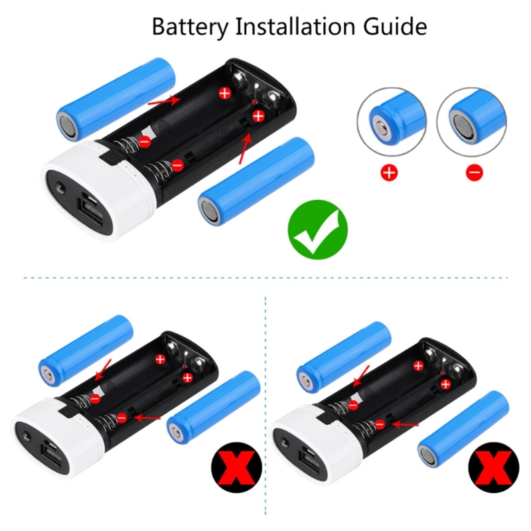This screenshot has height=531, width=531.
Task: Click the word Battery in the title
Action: pos(190,27)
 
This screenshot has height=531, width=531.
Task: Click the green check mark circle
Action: pos(318,230)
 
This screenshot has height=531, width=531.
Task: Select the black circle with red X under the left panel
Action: pos(237,468)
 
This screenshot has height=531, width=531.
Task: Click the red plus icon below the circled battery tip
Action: pos(389,173)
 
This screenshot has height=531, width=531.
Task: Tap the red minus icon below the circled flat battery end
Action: pos(474,173)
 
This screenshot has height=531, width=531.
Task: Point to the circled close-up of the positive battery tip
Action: pos(392,122)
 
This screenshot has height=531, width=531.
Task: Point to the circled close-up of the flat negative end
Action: pos(471,122)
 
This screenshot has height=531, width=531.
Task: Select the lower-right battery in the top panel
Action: pos(256,181)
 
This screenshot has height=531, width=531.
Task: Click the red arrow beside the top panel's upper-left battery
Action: pos(164,100)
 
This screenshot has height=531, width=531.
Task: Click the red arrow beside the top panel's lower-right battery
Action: pos(246,148)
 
